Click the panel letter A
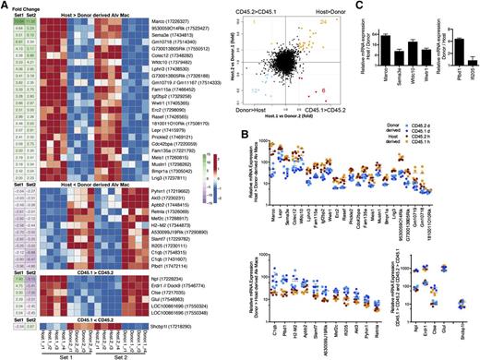[6, 6]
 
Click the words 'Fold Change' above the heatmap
[18, 6]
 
